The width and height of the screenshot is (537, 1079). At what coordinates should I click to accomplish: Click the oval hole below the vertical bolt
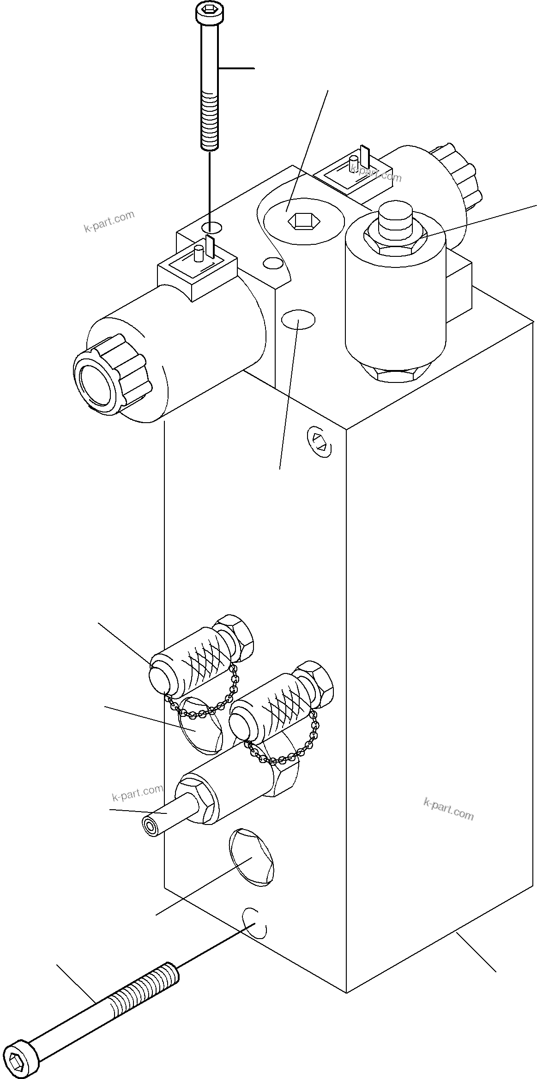pos(211,227)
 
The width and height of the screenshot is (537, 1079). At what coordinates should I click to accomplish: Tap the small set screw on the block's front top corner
pos(320,441)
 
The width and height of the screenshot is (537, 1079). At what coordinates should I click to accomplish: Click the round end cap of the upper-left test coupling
pos(159,679)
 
